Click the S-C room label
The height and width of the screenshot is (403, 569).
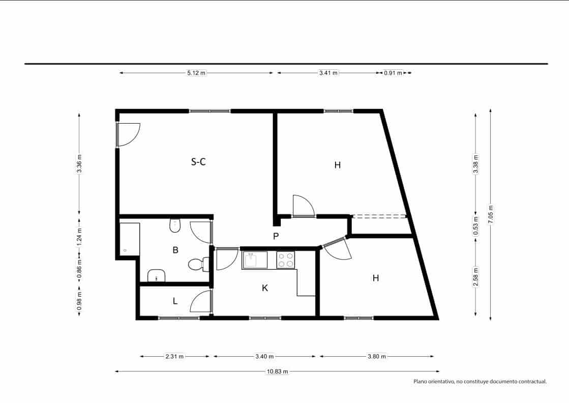[x=198, y=162]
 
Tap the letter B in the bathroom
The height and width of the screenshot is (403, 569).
[x=175, y=250]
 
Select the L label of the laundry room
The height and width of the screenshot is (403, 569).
[x=175, y=301]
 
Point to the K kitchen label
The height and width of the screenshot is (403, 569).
[x=264, y=288]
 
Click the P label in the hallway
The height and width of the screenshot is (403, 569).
[x=276, y=236]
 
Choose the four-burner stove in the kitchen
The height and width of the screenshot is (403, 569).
[x=285, y=260]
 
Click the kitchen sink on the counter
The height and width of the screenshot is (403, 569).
[x=254, y=260]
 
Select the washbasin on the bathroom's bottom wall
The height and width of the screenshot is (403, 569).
[x=157, y=276]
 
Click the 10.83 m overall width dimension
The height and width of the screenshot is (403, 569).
[x=277, y=371]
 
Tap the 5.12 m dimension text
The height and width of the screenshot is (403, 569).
[x=196, y=73]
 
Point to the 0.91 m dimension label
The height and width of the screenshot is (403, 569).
[x=393, y=73]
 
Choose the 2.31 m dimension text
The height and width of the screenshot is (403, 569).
[x=174, y=356]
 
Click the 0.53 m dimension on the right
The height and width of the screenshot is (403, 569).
[x=475, y=224]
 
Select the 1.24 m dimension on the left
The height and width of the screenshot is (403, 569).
[x=79, y=236]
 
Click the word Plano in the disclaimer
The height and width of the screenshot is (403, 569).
[x=422, y=381]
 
